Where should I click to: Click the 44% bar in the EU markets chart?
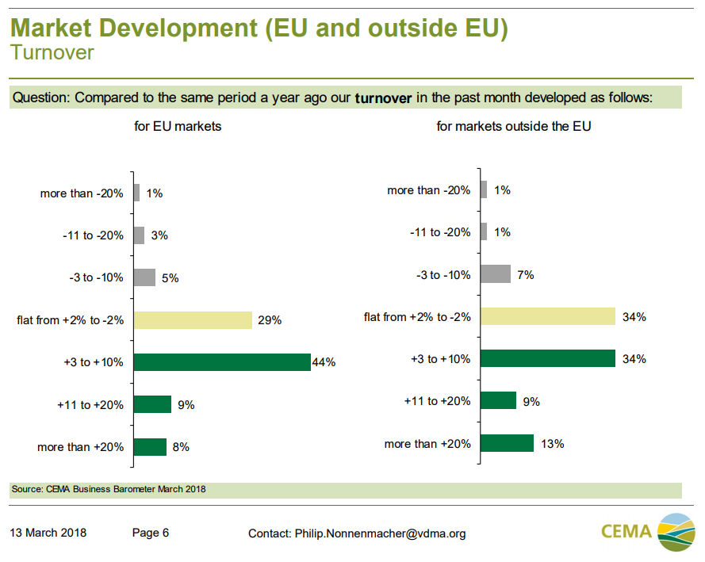pyautogui.click(x=222, y=362)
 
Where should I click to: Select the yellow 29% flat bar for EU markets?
pyautogui.click(x=193, y=320)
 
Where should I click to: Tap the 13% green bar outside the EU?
pyautogui.click(x=507, y=443)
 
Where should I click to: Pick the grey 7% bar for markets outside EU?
pyautogui.click(x=496, y=274)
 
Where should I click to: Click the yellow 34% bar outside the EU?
pyautogui.click(x=547, y=317)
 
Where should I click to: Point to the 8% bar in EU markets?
pyautogui.click(x=150, y=447)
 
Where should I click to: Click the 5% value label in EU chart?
pyautogui.click(x=171, y=278)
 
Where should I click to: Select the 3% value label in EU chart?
pyautogui.click(x=159, y=235)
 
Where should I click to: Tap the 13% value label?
pyautogui.click(x=553, y=444)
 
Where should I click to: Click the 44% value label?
pyautogui.click(x=324, y=362)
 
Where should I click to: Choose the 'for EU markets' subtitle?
pyautogui.click(x=178, y=126)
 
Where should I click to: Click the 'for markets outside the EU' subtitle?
pyautogui.click(x=514, y=126)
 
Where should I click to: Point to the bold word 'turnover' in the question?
pyautogui.click(x=383, y=98)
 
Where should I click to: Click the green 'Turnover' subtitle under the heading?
pyautogui.click(x=52, y=53)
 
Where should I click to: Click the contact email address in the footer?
pyautogui.click(x=379, y=533)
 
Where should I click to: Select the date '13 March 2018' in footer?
pyautogui.click(x=48, y=533)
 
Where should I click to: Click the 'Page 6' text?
pyautogui.click(x=151, y=533)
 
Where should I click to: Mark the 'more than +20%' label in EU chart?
pyautogui.click(x=81, y=447)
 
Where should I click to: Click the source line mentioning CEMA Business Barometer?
pyautogui.click(x=109, y=489)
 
